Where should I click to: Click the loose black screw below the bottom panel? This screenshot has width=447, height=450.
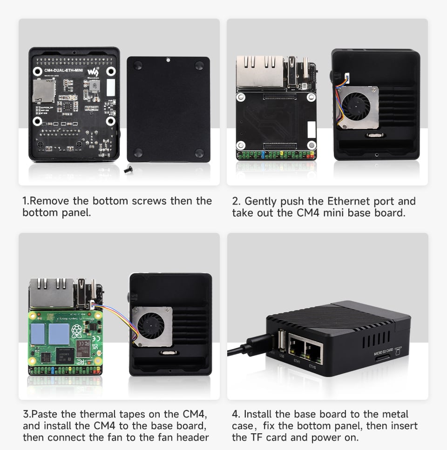pyautogui.click(x=128, y=171)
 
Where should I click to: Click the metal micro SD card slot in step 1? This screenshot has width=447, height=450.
pyautogui.click(x=43, y=90)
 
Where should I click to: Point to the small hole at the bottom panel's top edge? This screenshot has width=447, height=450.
pyautogui.click(x=168, y=60)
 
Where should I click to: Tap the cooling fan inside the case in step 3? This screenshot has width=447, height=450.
pyautogui.click(x=151, y=326)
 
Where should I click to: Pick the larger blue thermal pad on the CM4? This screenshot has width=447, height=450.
pyautogui.click(x=59, y=334)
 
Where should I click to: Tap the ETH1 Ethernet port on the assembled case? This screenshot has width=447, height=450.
pyautogui.click(x=296, y=349)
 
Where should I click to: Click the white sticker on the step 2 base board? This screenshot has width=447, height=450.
pyautogui.click(x=311, y=129)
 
